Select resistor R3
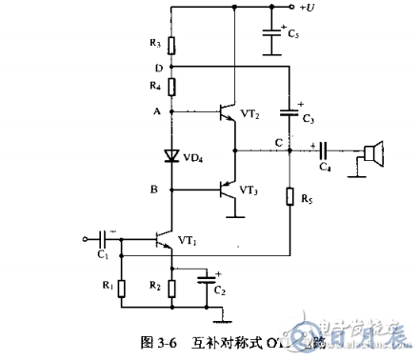171,45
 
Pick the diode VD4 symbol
171,153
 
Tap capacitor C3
289,112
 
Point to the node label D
158,67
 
